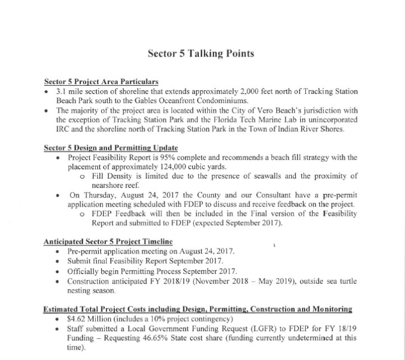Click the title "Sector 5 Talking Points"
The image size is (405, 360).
pyautogui.click(x=201, y=54)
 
